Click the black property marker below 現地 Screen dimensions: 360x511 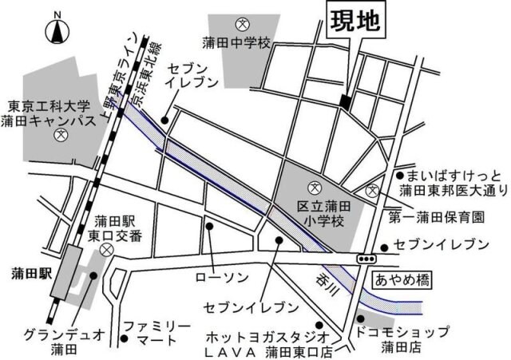click(345, 101)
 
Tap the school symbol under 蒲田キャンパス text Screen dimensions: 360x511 click(58, 136)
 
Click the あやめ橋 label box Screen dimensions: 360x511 click(399, 279)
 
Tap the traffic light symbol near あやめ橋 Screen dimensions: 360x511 click(367, 259)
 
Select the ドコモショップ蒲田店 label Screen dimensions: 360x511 click(414, 338)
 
